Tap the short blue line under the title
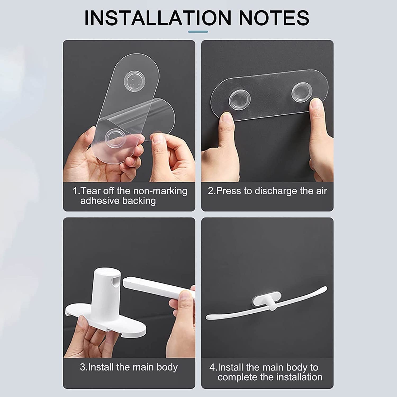(x=198, y=32)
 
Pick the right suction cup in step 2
(x=301, y=92)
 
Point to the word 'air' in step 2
(x=321, y=191)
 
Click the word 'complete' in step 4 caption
(x=237, y=377)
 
